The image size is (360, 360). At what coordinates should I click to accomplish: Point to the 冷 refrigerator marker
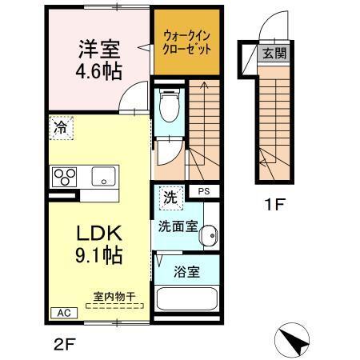(60, 126)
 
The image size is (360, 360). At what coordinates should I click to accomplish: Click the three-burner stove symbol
(65, 175)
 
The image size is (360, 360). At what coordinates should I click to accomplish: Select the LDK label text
(98, 234)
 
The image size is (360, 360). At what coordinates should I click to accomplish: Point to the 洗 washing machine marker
(170, 195)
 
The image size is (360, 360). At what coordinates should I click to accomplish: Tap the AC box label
(61, 313)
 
